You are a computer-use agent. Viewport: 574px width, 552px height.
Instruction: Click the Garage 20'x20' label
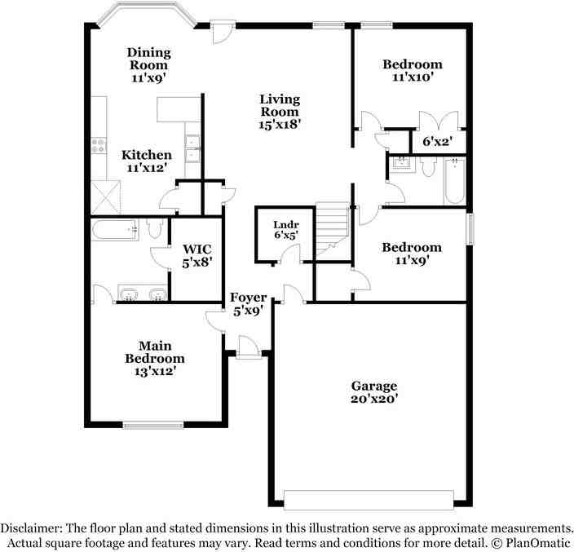pos(373,392)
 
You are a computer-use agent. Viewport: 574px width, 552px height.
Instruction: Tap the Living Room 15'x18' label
pos(280,112)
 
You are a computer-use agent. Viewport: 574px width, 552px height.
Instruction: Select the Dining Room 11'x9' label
pos(148,64)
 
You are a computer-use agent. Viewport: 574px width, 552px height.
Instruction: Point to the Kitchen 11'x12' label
pos(147,161)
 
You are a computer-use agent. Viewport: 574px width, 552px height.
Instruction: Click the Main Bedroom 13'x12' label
pos(154,358)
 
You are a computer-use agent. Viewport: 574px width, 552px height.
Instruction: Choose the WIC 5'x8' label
pos(197,255)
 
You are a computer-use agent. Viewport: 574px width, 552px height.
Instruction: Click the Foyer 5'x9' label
pos(247,303)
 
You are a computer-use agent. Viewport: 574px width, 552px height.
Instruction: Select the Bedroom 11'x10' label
pos(413,71)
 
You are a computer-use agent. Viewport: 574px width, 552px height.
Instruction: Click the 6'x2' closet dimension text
pos(437,141)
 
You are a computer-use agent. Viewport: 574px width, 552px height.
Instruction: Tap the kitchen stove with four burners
pos(99,146)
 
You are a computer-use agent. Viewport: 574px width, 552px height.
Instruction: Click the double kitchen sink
pos(192,148)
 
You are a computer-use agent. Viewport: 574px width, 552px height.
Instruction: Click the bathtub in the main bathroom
pos(114,230)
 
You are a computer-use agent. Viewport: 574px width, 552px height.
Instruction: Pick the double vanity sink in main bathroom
pos(143,294)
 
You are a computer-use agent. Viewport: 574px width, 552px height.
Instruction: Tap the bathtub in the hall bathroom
pos(454,181)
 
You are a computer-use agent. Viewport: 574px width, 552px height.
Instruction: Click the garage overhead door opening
pos(368,499)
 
